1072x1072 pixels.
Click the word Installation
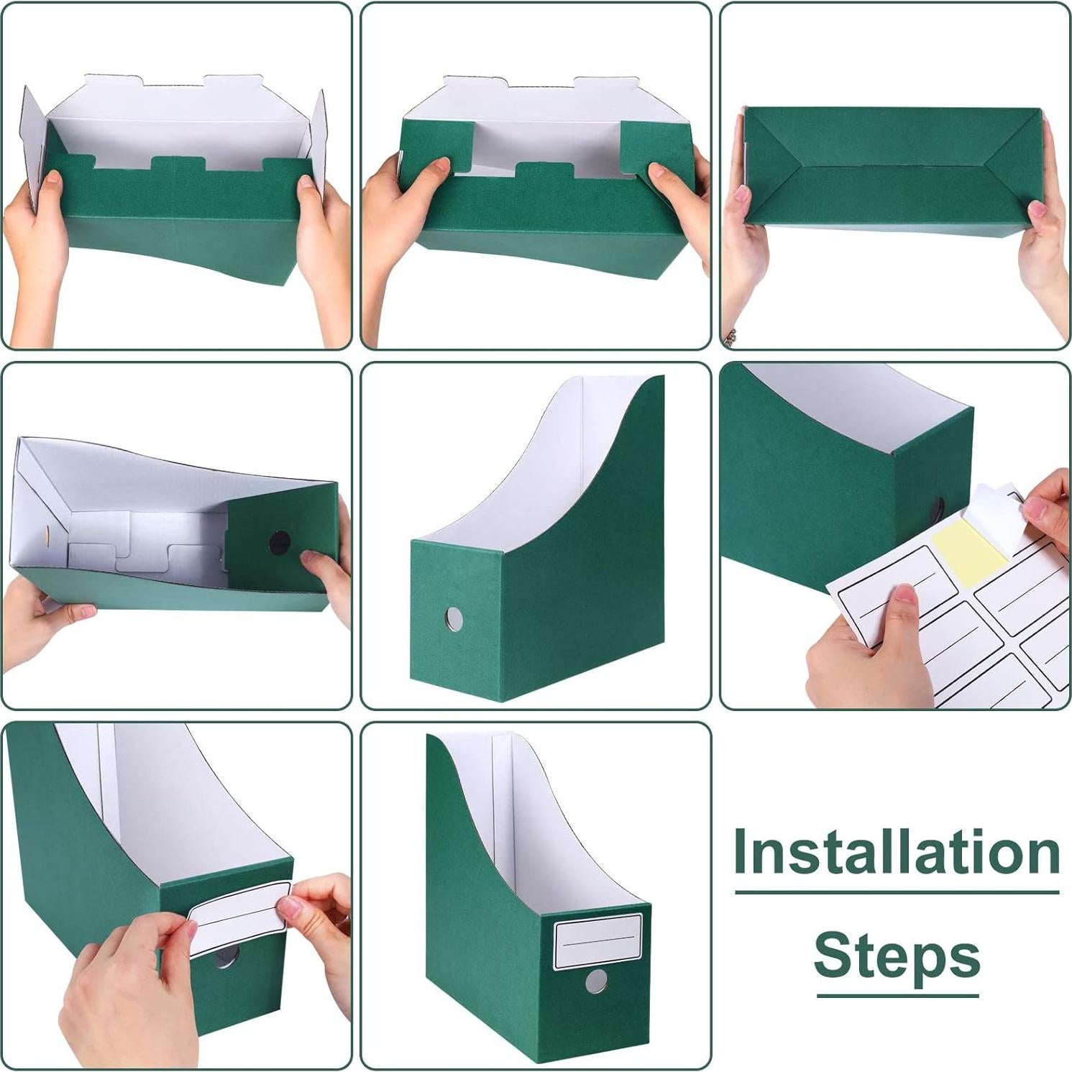897,852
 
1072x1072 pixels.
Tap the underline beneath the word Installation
897,892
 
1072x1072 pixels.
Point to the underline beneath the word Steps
897,996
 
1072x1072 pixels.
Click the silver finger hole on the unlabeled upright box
454,616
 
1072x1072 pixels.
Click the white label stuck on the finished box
597,942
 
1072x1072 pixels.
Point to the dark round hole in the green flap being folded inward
279,542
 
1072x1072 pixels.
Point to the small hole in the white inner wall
47,535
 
